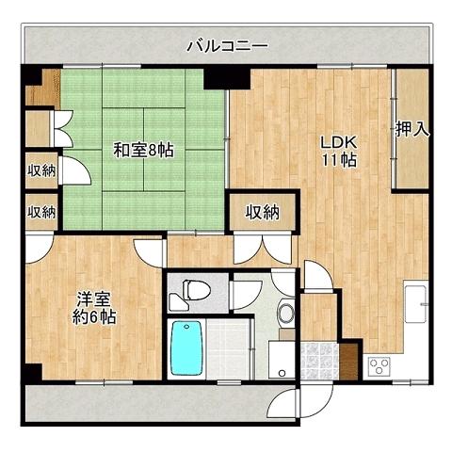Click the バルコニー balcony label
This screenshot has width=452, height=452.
coord(228,46)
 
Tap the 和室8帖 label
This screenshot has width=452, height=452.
coord(143,150)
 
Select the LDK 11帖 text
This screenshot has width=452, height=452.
coord(339,152)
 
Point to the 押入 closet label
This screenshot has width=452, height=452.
coord(412,129)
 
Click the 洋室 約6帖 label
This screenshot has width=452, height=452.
coord(94,308)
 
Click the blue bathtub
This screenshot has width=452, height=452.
coord(186,347)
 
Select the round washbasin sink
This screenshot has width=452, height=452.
coord(285,313)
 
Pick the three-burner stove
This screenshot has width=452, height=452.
coord(379,366)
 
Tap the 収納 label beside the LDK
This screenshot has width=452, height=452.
coord(262,213)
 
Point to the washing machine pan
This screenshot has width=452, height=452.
coord(282,360)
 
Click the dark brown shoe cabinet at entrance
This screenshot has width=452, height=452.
coord(349,362)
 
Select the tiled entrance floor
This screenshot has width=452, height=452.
coord(320,362)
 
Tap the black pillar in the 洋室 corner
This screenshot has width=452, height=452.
coord(34,372)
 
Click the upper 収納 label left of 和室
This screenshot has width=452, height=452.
coord(41,171)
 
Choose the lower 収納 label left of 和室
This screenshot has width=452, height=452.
coord(41,212)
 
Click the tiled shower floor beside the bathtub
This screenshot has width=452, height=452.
coord(228,347)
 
